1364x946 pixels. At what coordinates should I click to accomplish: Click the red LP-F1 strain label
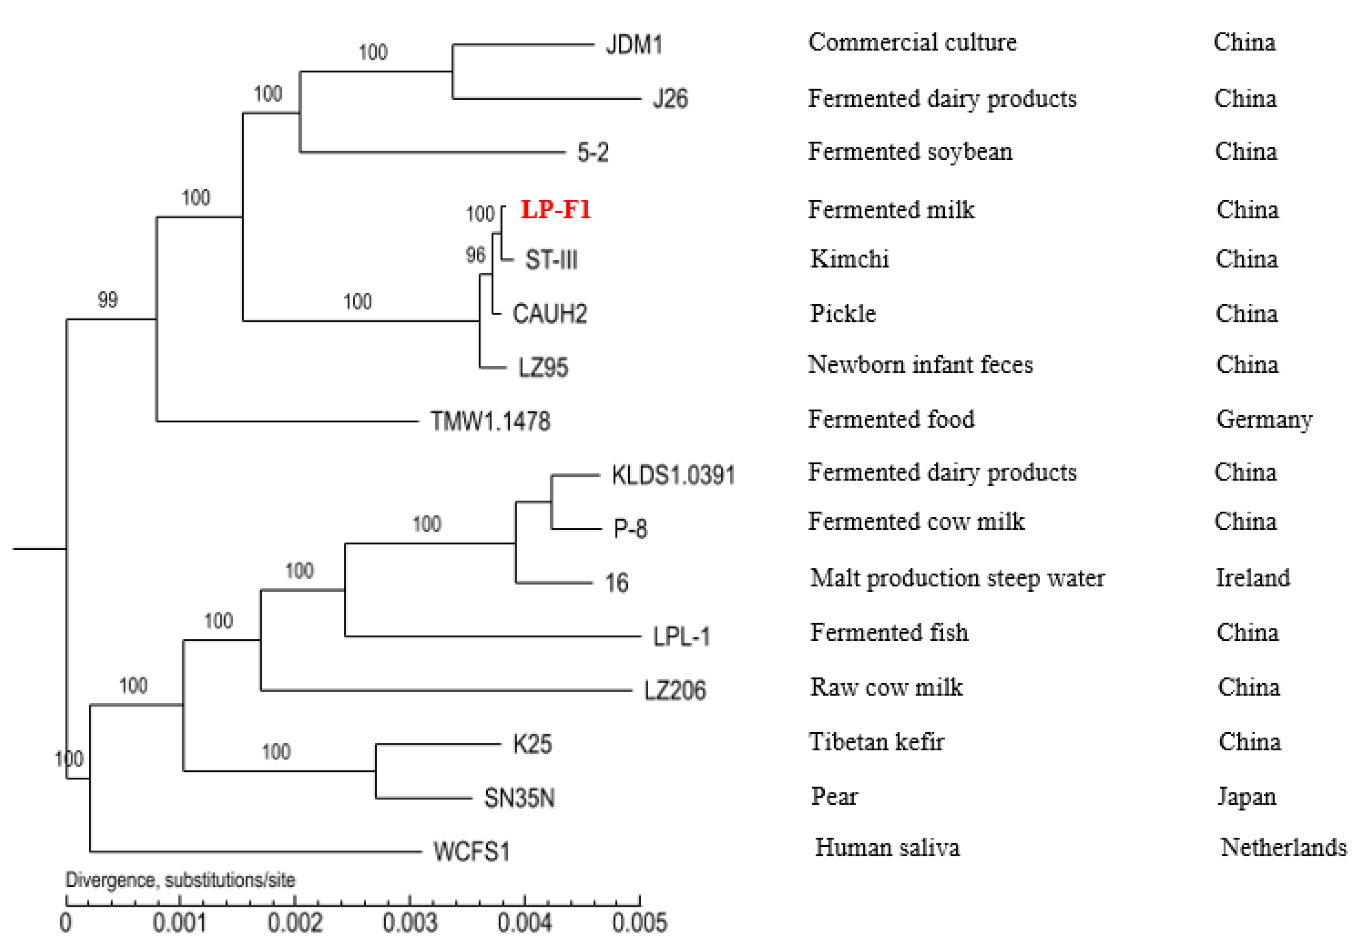[555, 210]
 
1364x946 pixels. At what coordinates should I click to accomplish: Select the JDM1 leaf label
[633, 45]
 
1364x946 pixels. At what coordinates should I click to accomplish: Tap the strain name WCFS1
[471, 852]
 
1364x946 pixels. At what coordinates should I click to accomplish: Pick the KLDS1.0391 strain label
[673, 475]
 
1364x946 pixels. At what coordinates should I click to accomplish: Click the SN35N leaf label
[519, 798]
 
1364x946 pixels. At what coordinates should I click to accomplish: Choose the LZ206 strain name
[675, 691]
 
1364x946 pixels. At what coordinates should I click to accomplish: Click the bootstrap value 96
[475, 255]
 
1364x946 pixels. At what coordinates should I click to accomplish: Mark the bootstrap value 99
[107, 299]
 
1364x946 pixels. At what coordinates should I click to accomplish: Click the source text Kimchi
[849, 260]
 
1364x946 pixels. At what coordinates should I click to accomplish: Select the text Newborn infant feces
[920, 364]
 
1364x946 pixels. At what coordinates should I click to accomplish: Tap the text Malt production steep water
[957, 578]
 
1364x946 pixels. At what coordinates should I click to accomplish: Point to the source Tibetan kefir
[876, 742]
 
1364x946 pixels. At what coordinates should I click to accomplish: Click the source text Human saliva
[887, 847]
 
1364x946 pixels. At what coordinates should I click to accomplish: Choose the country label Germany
[1264, 420]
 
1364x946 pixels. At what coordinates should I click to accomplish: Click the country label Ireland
[1252, 578]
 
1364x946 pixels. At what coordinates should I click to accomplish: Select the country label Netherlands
[1283, 847]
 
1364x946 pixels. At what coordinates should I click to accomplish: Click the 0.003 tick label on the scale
[409, 923]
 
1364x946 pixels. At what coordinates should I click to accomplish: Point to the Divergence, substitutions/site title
[180, 879]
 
